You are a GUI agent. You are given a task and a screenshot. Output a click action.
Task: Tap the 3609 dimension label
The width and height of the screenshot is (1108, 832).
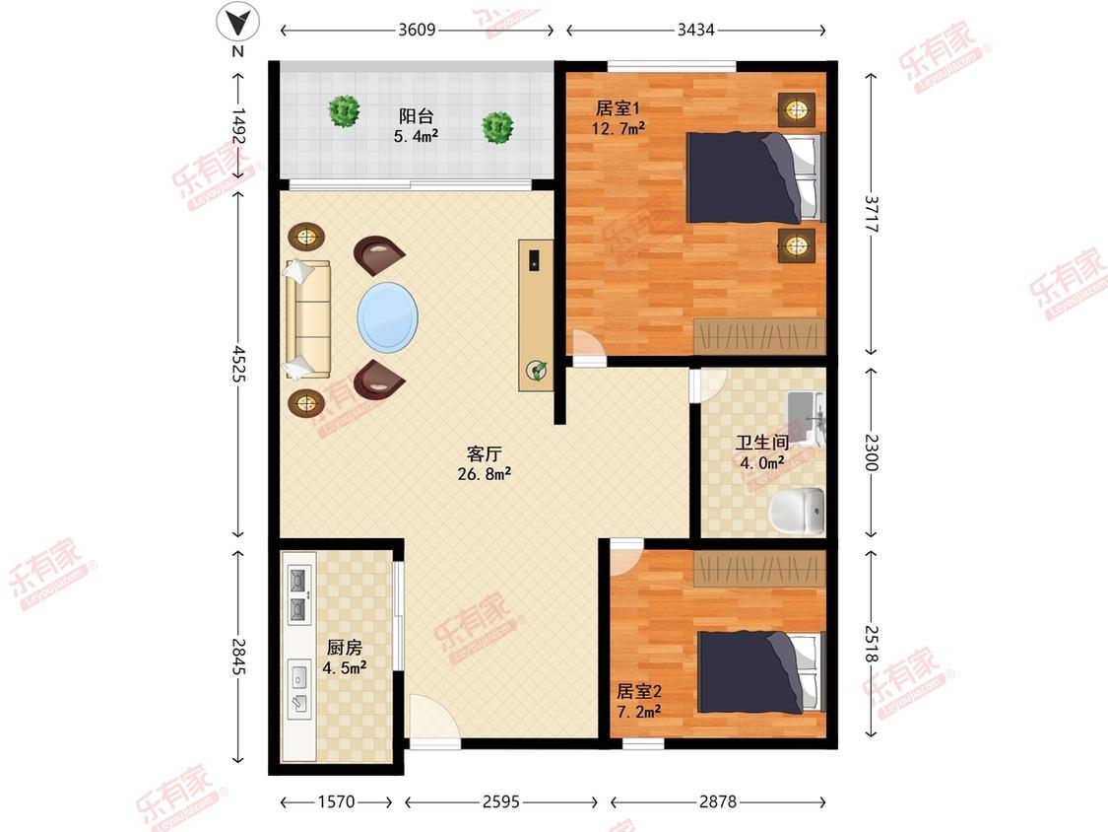(417, 30)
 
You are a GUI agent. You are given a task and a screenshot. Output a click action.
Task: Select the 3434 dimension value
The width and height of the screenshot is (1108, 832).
(696, 30)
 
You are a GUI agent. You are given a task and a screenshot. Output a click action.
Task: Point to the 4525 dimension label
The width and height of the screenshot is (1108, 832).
(238, 364)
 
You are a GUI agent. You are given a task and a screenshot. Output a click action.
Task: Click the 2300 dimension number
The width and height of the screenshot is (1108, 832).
(871, 452)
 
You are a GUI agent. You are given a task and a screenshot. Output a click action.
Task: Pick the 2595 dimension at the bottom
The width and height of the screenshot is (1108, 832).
(501, 801)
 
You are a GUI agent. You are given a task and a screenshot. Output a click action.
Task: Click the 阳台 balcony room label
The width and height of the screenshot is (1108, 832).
(417, 115)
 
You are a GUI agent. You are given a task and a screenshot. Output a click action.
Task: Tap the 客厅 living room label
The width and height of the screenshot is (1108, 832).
(484, 453)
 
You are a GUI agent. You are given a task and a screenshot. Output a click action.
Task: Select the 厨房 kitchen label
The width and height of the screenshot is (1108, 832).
(344, 648)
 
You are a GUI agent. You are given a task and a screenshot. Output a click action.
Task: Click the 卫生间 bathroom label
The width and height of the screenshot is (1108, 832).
(761, 443)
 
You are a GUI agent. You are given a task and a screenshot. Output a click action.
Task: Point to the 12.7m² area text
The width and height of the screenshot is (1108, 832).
(618, 129)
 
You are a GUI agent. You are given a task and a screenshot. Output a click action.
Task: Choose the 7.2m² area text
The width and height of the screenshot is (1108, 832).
(639, 712)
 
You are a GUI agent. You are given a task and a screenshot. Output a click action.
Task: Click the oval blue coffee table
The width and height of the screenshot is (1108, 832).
(387, 317)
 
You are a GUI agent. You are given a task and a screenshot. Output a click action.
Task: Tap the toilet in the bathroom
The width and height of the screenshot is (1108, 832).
(797, 511)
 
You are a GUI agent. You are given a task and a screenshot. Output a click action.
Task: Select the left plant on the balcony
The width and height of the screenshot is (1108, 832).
(344, 111)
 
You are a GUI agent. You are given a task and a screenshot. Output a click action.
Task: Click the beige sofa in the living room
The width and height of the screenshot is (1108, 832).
(306, 319)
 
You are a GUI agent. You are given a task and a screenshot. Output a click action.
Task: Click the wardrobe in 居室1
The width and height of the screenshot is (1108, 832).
(759, 336)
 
